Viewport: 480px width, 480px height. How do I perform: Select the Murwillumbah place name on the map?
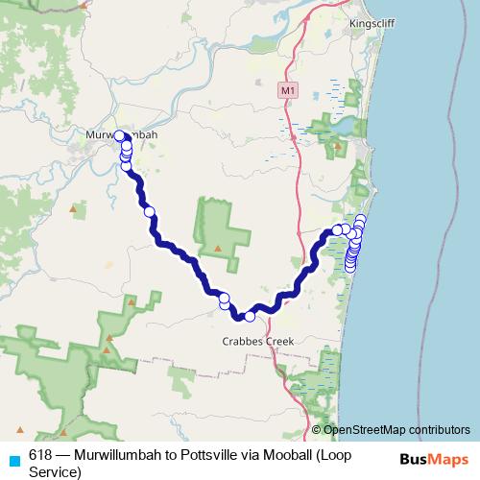(121, 134)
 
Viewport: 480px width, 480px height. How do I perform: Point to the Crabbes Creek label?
(255, 340)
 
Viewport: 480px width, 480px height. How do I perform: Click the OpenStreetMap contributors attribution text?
(397, 429)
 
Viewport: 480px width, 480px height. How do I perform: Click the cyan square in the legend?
(13, 460)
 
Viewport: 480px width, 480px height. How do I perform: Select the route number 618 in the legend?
(39, 453)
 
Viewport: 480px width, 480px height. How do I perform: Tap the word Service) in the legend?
(56, 470)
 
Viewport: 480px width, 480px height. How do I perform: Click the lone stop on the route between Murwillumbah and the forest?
(149, 211)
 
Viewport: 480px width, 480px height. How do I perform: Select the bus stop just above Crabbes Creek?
(250, 316)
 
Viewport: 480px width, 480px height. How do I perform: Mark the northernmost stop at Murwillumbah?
(120, 136)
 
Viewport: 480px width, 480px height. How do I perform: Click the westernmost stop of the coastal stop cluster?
(336, 229)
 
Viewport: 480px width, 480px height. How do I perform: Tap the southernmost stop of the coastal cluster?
(349, 266)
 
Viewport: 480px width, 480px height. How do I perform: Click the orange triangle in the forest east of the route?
(218, 250)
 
